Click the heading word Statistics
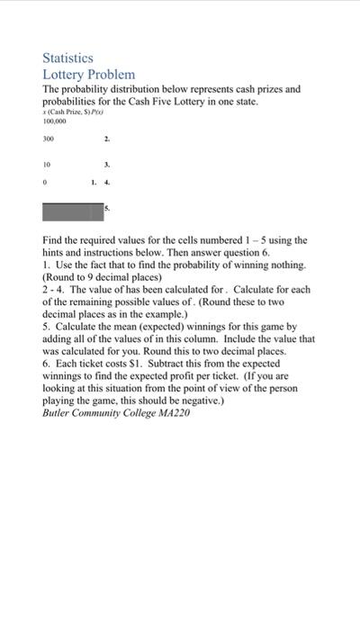click(68, 58)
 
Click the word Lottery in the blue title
click(66, 74)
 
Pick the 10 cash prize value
click(47, 166)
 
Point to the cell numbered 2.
click(106, 140)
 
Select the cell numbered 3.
click(106, 166)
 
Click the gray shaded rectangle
click(73, 212)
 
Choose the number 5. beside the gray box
click(107, 208)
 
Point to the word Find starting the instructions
click(54, 241)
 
